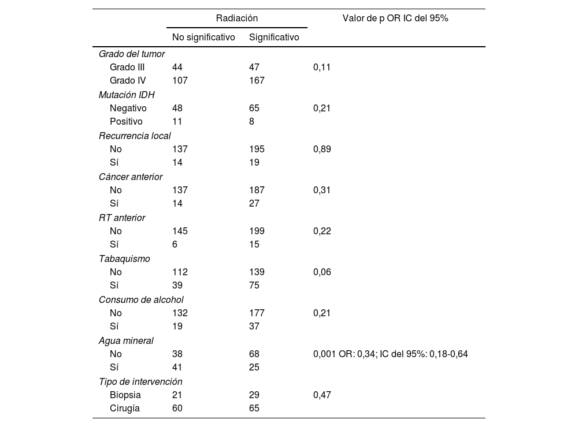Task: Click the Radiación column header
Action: click(x=237, y=18)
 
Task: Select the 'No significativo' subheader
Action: click(x=203, y=38)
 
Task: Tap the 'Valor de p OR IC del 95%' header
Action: click(x=395, y=18)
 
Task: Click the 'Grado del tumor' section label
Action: click(x=132, y=54)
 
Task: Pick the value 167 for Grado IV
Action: click(x=257, y=81)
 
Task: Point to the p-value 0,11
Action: click(x=322, y=67)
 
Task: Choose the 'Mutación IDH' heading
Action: click(x=127, y=95)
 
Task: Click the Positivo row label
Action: click(x=126, y=122)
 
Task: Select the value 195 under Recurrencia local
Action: click(x=257, y=149)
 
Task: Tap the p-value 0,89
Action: click(x=322, y=149)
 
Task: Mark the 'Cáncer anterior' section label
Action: click(x=131, y=177)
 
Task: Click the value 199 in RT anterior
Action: click(x=257, y=231)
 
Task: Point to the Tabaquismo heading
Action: click(x=124, y=259)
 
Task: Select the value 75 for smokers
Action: click(x=254, y=286)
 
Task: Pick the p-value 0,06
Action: click(x=322, y=272)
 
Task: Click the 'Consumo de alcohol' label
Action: click(x=141, y=299)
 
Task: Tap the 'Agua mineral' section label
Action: click(x=126, y=340)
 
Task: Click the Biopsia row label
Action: click(x=125, y=395)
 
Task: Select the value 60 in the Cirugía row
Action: click(x=177, y=409)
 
